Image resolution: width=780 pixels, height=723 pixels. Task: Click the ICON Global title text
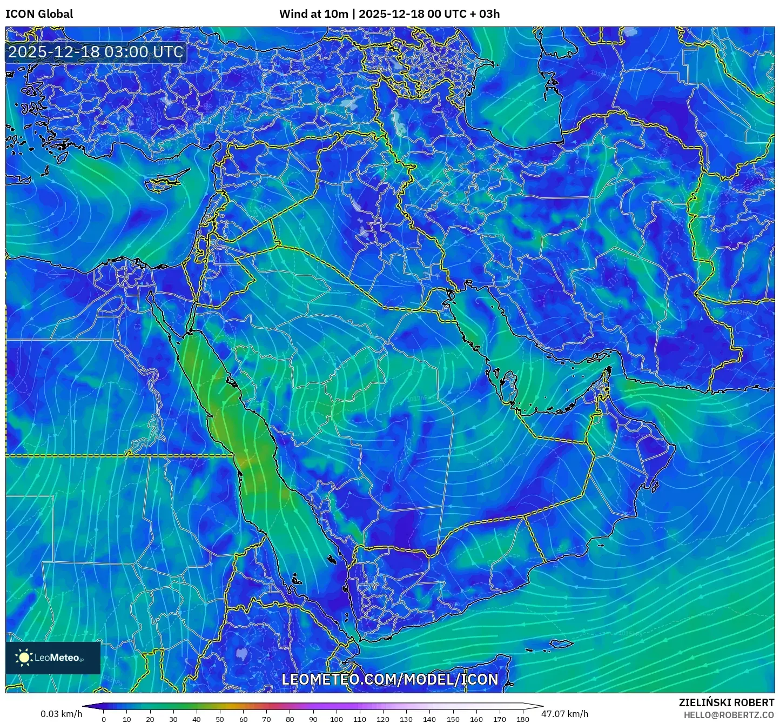click(x=39, y=14)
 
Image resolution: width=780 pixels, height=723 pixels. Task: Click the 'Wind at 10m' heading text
click(x=313, y=14)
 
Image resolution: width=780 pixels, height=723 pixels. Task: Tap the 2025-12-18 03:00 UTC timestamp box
click(x=96, y=52)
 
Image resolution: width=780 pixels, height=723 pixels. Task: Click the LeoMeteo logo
click(x=53, y=658)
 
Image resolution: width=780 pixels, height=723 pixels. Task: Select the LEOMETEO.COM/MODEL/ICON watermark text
click(x=389, y=679)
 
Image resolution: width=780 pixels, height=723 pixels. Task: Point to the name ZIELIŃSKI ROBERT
click(x=726, y=702)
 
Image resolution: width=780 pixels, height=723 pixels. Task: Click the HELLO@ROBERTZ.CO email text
click(x=729, y=715)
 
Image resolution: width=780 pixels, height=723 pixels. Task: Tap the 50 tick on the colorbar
click(x=220, y=719)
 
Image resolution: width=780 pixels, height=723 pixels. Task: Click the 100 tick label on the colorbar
click(x=336, y=719)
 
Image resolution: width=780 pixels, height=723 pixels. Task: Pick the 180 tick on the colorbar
click(x=522, y=719)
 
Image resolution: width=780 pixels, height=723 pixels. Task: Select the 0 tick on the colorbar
click(x=104, y=719)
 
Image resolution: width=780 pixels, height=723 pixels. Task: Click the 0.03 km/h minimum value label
click(x=61, y=714)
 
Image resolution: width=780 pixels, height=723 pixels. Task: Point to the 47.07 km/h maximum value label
click(x=565, y=714)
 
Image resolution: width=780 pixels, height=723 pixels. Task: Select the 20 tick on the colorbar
click(x=150, y=719)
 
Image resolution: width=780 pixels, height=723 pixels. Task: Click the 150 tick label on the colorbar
click(x=453, y=719)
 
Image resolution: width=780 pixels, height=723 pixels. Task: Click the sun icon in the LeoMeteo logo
click(x=24, y=658)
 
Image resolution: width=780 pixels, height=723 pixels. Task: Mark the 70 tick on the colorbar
click(x=266, y=719)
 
